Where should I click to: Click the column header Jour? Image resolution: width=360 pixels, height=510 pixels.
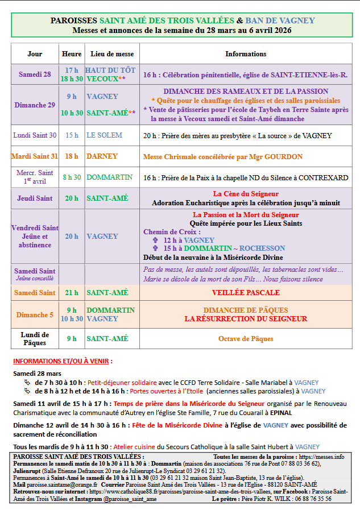[x=35, y=54]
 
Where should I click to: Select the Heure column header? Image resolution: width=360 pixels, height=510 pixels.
[x=72, y=54]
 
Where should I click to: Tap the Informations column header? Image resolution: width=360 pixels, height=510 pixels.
[x=246, y=54]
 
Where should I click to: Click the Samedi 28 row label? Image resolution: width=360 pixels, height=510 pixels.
[x=35, y=74]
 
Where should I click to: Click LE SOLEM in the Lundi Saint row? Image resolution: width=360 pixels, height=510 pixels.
[x=102, y=135]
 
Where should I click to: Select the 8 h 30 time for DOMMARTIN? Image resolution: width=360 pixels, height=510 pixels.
[x=72, y=177]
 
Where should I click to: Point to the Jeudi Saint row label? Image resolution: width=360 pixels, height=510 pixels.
[x=35, y=198]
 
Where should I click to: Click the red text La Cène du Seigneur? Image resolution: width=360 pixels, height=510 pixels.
[x=246, y=194]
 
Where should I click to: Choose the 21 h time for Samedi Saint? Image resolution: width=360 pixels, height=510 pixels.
[x=72, y=293]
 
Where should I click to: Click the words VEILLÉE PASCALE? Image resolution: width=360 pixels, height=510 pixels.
[x=246, y=293]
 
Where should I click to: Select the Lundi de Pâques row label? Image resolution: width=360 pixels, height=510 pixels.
[x=35, y=339]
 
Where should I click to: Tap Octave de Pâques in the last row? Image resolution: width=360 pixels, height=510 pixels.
[x=246, y=339]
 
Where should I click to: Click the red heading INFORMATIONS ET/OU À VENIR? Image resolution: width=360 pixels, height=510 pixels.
[x=63, y=361]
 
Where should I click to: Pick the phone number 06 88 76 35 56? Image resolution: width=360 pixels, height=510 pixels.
[x=326, y=499]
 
